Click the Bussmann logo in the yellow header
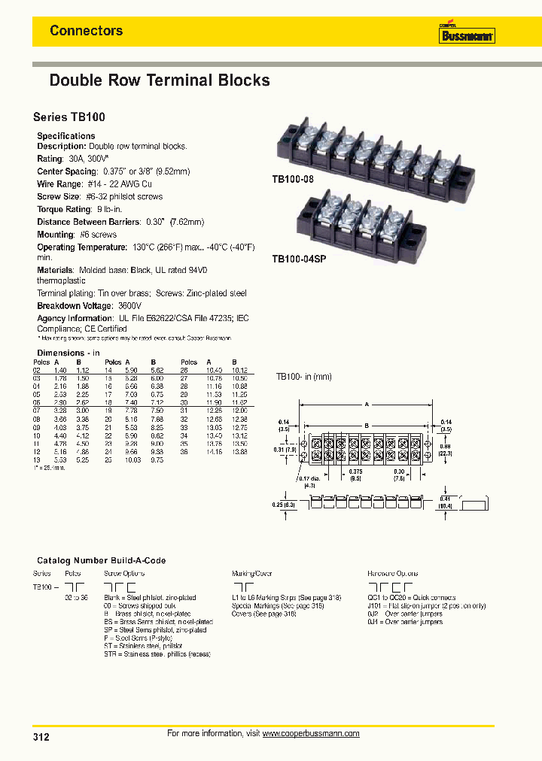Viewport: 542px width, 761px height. [x=466, y=34]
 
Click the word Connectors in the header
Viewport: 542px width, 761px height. [x=86, y=31]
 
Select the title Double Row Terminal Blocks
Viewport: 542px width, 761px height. [x=159, y=80]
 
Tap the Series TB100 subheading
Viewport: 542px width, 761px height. [x=69, y=117]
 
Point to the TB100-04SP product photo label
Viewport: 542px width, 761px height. [x=298, y=258]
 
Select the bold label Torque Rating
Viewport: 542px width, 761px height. [x=64, y=209]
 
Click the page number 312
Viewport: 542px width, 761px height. [x=41, y=737]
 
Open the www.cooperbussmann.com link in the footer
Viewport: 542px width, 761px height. [x=311, y=733]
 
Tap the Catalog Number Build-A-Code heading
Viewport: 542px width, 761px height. [x=101, y=560]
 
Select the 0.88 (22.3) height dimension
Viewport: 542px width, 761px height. [x=445, y=450]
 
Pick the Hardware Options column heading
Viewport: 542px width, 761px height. [x=393, y=573]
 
